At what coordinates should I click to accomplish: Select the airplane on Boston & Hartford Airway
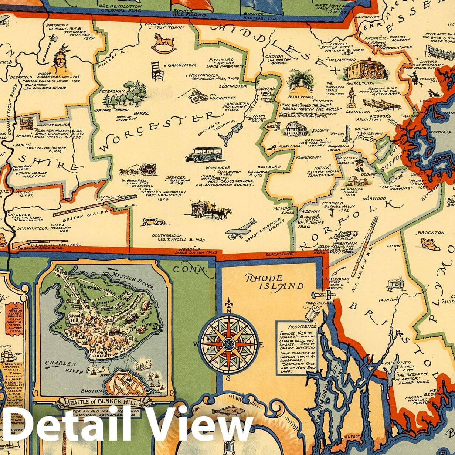241,228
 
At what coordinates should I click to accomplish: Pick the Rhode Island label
274,282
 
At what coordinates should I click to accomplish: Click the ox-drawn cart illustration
211,210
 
